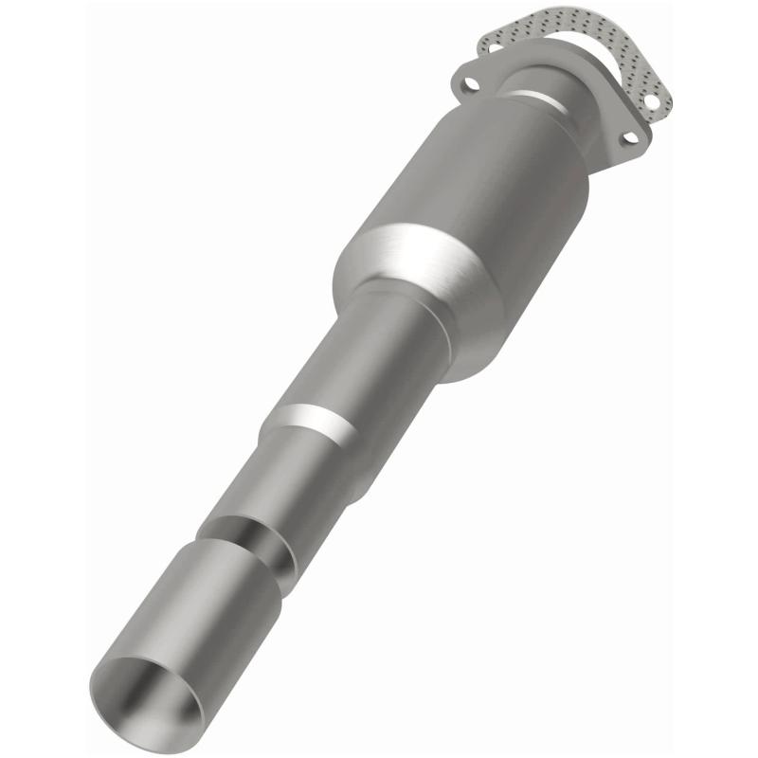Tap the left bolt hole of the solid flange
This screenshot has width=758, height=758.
click(471, 84)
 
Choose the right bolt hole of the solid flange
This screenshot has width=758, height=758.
click(629, 139)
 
